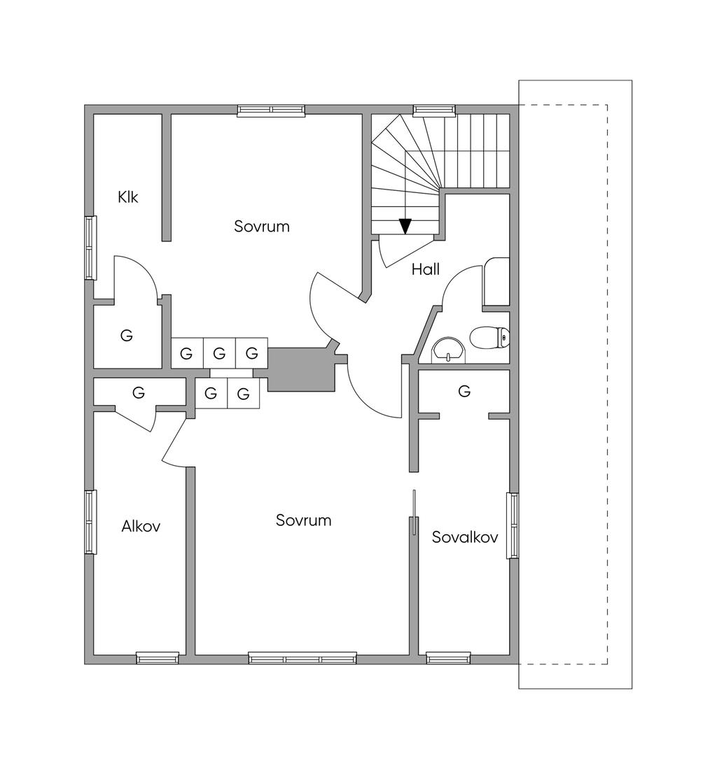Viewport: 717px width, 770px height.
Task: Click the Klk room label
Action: coord(128,197)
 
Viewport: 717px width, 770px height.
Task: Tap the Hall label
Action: coord(426,269)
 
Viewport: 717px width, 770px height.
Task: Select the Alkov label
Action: coord(141,527)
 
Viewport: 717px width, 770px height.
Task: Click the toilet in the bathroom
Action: coord(490,337)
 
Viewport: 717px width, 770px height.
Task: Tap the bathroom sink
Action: coord(448,350)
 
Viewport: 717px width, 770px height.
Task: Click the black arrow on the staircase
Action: coord(405,226)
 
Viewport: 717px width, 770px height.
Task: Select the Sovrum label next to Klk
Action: coord(262,227)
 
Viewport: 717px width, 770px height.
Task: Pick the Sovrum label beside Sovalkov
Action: coord(303,520)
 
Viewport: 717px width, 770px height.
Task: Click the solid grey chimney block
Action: coord(301,369)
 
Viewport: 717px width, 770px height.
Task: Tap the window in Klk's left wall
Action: coord(90,248)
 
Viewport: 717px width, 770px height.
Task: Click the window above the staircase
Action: coord(433,110)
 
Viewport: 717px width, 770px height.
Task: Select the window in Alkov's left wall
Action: coord(90,522)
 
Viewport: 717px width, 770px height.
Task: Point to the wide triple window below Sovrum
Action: coord(302,658)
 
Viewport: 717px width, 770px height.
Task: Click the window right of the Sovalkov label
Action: coord(513,526)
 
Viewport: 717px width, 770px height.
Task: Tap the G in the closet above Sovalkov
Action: coord(464,392)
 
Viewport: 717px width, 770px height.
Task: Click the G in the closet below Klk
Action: coord(126,336)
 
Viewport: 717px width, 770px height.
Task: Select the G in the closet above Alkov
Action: coord(139,393)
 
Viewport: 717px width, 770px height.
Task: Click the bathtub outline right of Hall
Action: coord(496,282)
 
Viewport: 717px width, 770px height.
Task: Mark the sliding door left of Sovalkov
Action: coord(415,512)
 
